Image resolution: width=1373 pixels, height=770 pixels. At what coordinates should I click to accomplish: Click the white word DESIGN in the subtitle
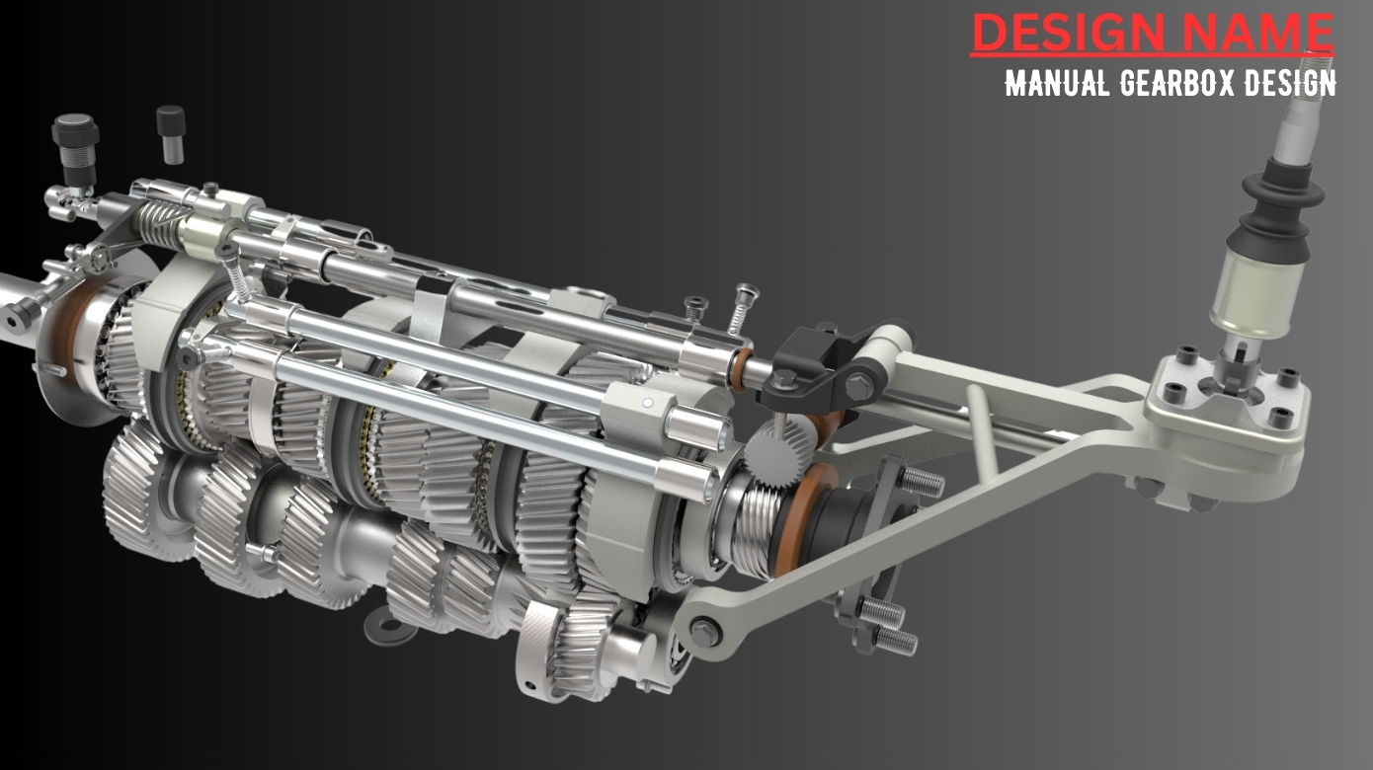[1289, 83]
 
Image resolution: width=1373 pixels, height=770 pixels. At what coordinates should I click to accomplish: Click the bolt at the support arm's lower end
[704, 625]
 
